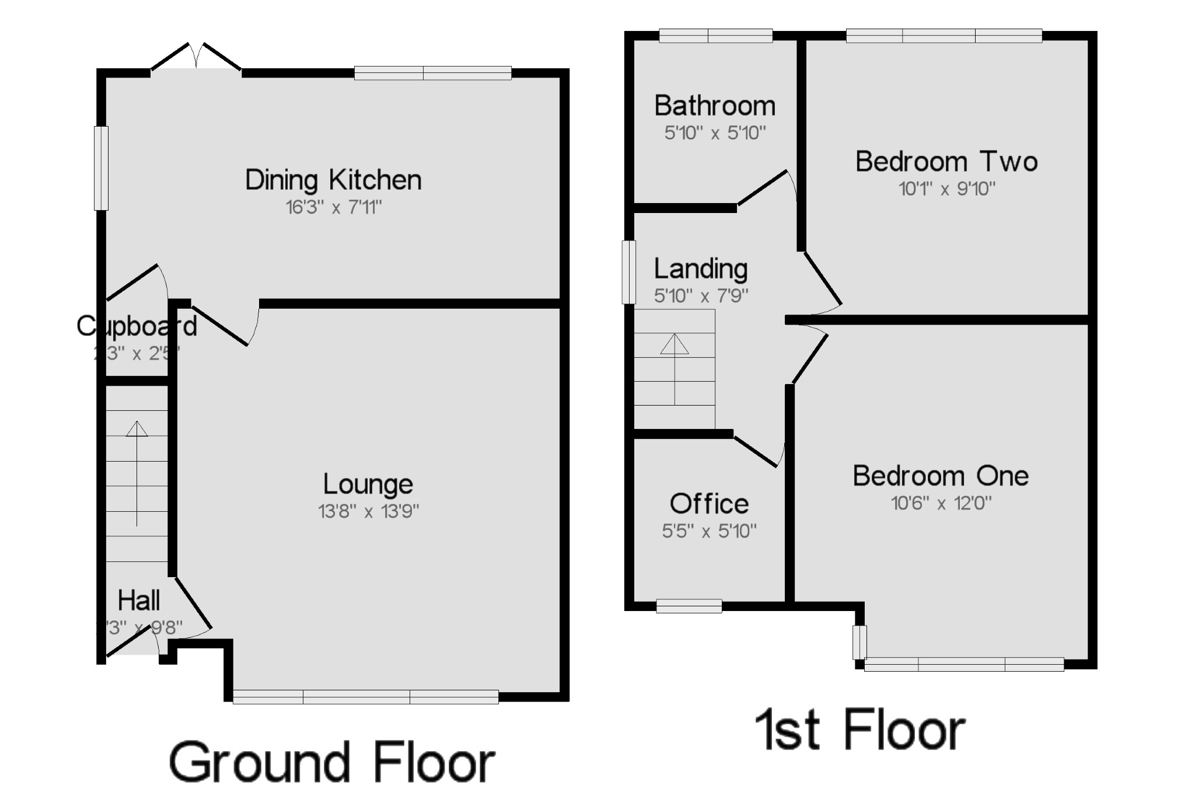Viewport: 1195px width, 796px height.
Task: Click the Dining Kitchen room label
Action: click(x=333, y=180)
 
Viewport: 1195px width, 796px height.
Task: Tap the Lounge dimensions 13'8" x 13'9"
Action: click(x=368, y=511)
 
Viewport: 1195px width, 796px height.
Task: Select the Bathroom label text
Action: click(x=715, y=106)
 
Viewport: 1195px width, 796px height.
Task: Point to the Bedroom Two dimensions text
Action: click(x=946, y=188)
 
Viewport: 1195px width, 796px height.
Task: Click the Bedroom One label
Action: click(x=941, y=476)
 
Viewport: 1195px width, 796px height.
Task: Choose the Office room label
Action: click(x=709, y=504)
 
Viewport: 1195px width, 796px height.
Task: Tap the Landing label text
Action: click(x=701, y=268)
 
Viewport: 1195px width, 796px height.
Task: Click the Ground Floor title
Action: click(x=332, y=762)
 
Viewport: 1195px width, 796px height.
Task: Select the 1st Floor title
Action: click(x=859, y=729)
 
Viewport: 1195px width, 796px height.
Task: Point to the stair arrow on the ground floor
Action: click(x=137, y=473)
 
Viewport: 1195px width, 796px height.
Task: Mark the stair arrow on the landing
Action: click(x=675, y=368)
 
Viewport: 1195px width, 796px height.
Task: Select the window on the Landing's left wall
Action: click(x=628, y=272)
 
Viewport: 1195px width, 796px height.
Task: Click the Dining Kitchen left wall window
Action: click(x=102, y=168)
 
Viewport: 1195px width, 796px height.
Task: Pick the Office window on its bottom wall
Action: click(x=689, y=606)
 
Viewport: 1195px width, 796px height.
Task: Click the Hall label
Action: click(x=139, y=601)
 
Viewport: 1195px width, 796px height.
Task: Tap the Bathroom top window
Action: click(x=716, y=36)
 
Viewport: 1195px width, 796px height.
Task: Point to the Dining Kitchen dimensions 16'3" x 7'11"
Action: click(x=333, y=207)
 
